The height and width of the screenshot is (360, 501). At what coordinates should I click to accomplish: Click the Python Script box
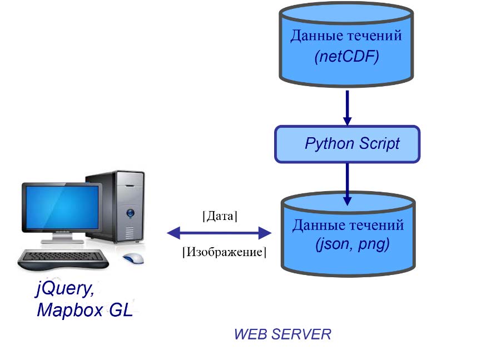pyautogui.click(x=347, y=144)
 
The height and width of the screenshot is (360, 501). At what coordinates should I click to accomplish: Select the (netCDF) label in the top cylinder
pyautogui.click(x=346, y=57)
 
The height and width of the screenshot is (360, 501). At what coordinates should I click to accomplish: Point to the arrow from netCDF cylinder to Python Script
pyautogui.click(x=347, y=107)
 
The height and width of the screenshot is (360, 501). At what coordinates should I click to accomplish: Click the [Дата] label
pyautogui.click(x=220, y=216)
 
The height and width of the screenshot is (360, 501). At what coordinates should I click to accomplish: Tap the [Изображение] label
pyautogui.click(x=224, y=252)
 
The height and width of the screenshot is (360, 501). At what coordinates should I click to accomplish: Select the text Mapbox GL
pyautogui.click(x=85, y=310)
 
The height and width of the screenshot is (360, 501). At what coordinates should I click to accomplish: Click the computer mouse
pyautogui.click(x=132, y=258)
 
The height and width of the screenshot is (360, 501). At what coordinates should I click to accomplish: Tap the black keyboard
pyautogui.click(x=61, y=258)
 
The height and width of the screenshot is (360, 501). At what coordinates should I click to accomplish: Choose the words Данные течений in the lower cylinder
pyautogui.click(x=348, y=226)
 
